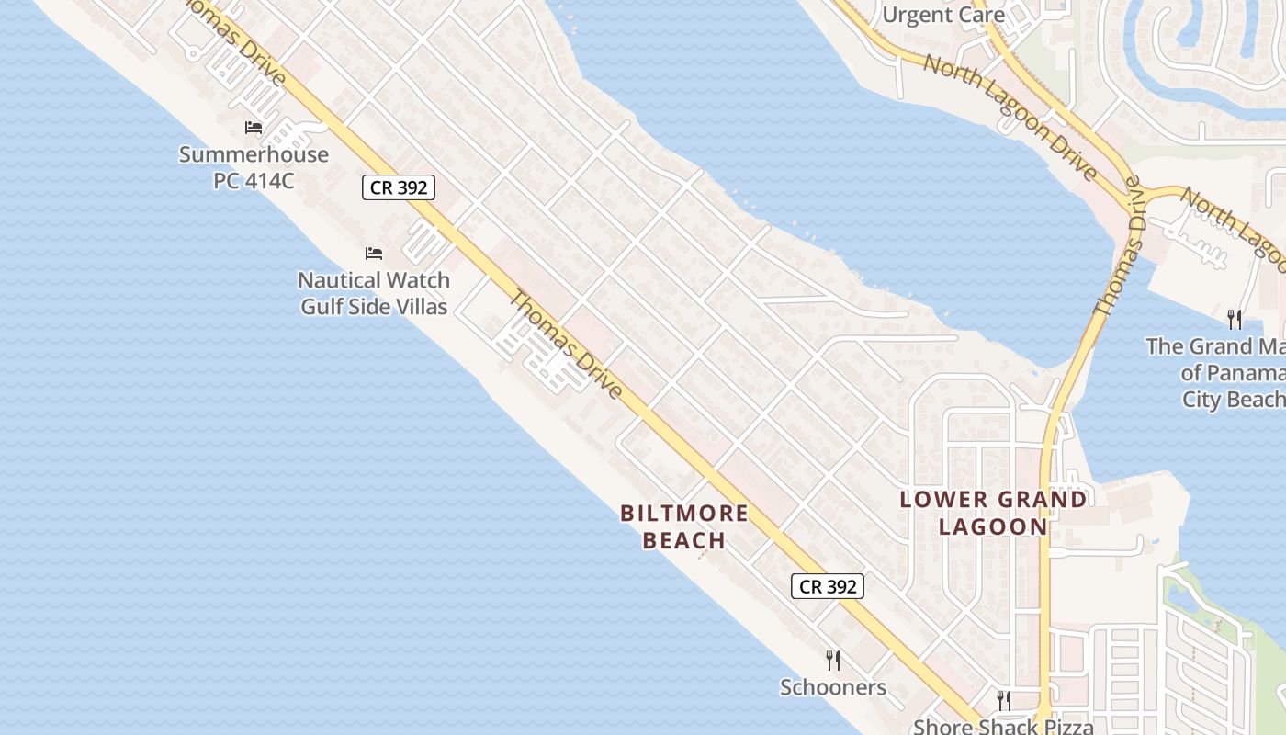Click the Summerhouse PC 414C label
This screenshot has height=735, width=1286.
pos(254,166)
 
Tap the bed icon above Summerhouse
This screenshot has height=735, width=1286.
pos(254,128)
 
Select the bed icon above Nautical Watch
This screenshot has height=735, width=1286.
pos(374,254)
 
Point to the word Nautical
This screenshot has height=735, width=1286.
pos(339,280)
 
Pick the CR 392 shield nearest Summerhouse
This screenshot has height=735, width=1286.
pos(398,187)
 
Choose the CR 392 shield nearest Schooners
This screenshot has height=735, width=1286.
pos(828,586)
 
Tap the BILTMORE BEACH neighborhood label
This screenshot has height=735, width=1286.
pos(684,526)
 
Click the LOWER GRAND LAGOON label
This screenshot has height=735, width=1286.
pos(993,513)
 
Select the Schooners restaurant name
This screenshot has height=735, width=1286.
pos(833,687)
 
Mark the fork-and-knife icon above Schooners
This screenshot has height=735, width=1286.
pos(833,660)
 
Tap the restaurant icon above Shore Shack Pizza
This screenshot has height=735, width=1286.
pos(1004,701)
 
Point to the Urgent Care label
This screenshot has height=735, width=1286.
pos(942,15)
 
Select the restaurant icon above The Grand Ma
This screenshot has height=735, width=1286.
pos(1235,320)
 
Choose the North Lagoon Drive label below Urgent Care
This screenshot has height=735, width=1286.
pos(1010,118)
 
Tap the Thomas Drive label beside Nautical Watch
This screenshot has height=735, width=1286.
pos(566,344)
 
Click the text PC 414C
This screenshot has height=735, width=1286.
pos(254,180)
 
